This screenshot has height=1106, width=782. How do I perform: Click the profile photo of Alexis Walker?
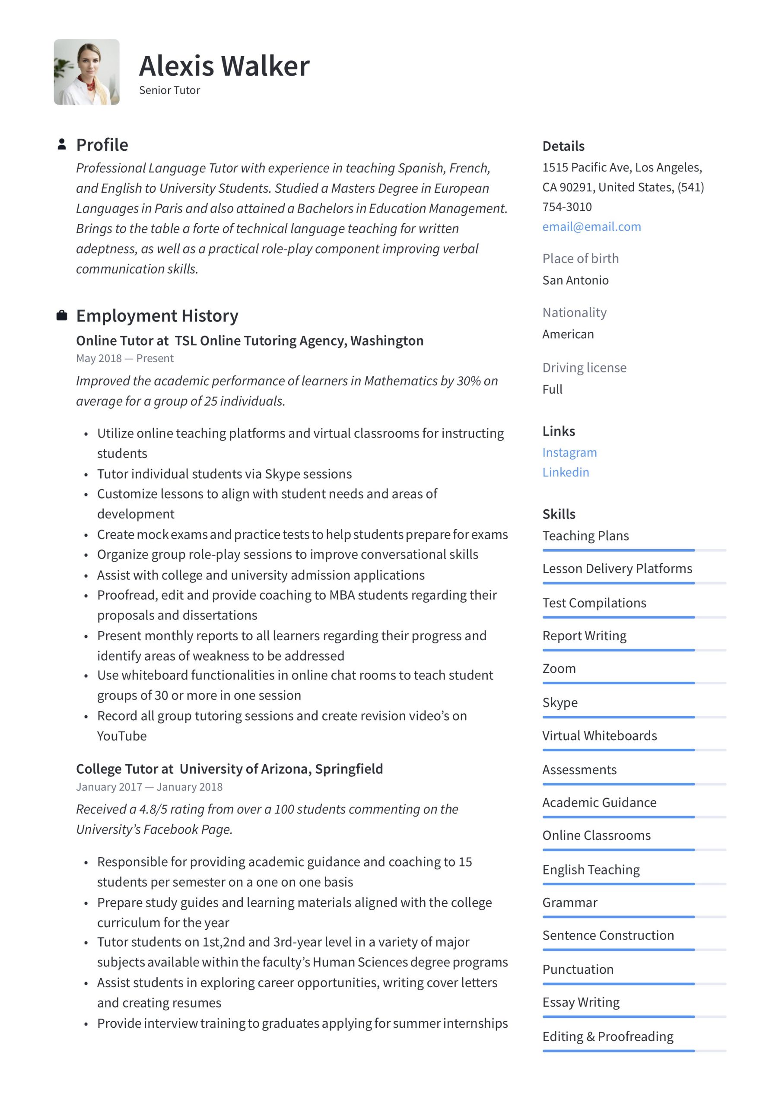(x=87, y=72)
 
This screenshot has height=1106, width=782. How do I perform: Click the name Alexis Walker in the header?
(x=224, y=66)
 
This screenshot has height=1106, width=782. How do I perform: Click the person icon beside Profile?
(x=62, y=144)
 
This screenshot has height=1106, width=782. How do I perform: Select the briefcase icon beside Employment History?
(x=62, y=315)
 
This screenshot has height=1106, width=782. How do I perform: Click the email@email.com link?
(x=591, y=226)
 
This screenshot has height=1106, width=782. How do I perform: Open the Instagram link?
(x=569, y=452)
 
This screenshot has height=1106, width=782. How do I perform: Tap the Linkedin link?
(x=565, y=472)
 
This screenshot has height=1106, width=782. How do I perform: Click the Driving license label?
(x=584, y=368)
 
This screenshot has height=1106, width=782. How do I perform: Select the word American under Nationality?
(x=568, y=334)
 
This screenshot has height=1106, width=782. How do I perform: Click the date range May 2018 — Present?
(x=125, y=359)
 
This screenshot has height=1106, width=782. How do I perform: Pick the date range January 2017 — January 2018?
(x=149, y=787)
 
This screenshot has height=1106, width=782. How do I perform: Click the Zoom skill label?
(x=559, y=669)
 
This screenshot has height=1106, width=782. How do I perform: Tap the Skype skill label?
(x=559, y=702)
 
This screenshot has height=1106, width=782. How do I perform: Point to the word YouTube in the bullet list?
(x=122, y=736)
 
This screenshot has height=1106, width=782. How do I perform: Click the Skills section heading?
(x=559, y=514)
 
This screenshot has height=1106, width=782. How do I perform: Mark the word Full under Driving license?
(x=552, y=389)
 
